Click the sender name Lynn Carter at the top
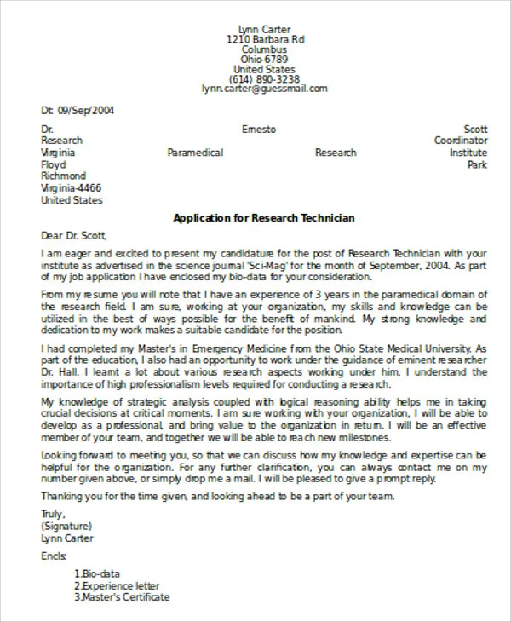pyautogui.click(x=265, y=28)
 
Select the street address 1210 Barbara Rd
pyautogui.click(x=265, y=40)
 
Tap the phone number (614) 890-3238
pyautogui.click(x=265, y=79)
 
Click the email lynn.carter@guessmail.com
pyautogui.click(x=265, y=89)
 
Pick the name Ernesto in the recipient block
pyautogui.click(x=259, y=129)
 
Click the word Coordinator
pyautogui.click(x=461, y=141)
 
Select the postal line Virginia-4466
pyautogui.click(x=72, y=188)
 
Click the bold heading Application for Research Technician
pyautogui.click(x=264, y=218)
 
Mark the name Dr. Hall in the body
pyautogui.click(x=60, y=372)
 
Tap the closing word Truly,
pyautogui.click(x=53, y=514)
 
